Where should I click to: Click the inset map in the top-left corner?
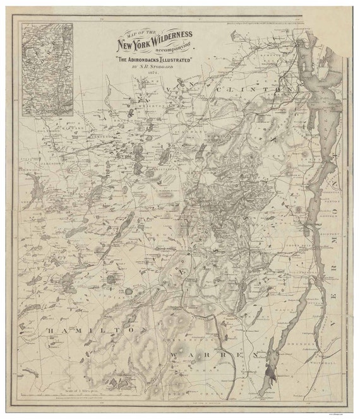tap(47, 69)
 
